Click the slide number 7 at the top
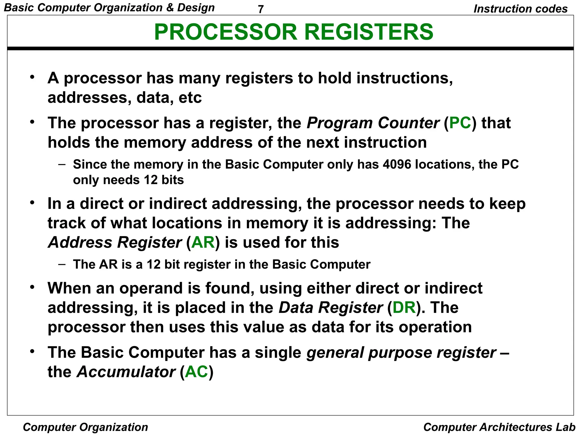(x=261, y=9)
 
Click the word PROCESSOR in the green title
(x=226, y=32)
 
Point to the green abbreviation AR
(x=203, y=242)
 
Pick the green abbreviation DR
(x=404, y=308)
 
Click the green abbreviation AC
(x=197, y=372)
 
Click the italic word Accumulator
(x=126, y=372)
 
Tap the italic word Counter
(x=408, y=123)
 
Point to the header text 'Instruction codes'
(x=521, y=9)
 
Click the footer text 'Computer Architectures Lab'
(x=499, y=427)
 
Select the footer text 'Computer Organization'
(x=85, y=427)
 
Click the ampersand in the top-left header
(x=170, y=8)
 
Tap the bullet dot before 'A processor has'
(x=32, y=77)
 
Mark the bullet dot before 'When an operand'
(x=32, y=287)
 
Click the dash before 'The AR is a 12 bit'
(x=62, y=264)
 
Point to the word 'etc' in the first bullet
(x=190, y=98)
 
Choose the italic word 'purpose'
(x=400, y=353)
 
